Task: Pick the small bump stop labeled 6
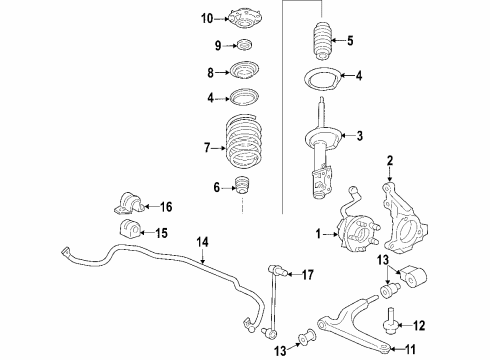pyautogui.click(x=240, y=186)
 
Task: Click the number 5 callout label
pyautogui.click(x=349, y=42)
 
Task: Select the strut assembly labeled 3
pyautogui.click(x=323, y=150)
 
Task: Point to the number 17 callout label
pyautogui.click(x=308, y=273)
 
